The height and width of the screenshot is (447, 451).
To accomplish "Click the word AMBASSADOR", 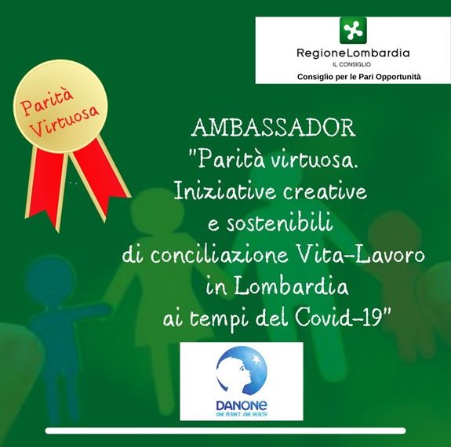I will point(273,127).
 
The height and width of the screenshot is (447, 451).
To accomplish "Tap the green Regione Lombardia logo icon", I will point(352,30).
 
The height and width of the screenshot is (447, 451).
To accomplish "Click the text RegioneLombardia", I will point(352,53).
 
